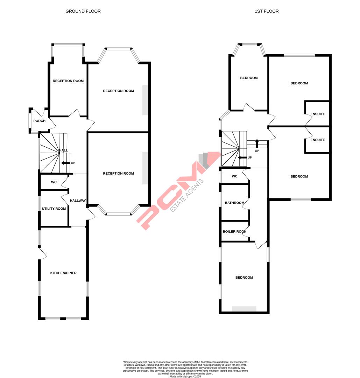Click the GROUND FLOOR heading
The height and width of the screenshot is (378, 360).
pyautogui.click(x=83, y=11)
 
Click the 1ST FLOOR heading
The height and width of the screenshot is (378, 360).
pyautogui.click(x=267, y=11)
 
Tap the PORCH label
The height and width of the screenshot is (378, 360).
pyautogui.click(x=39, y=121)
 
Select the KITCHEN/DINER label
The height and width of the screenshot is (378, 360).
pyautogui.click(x=63, y=273)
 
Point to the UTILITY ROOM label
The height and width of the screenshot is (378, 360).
pyautogui.click(x=54, y=209)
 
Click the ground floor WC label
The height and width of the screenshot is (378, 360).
pyautogui.click(x=54, y=182)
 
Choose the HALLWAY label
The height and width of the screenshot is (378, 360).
pyautogui.click(x=78, y=201)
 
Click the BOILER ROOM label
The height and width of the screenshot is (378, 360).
pyautogui.click(x=234, y=231)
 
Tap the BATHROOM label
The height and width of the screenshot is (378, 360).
pyautogui.click(x=234, y=203)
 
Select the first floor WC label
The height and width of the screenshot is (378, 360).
pyautogui.click(x=234, y=176)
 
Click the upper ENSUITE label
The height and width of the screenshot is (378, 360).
pyautogui.click(x=318, y=114)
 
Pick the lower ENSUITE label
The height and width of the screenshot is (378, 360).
pyautogui.click(x=318, y=140)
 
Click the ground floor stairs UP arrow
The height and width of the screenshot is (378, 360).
pyautogui.click(x=65, y=163)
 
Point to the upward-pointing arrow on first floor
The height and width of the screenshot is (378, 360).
pyautogui.click(x=257, y=143)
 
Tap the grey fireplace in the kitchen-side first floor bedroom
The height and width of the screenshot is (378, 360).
pyautogui.click(x=244, y=309)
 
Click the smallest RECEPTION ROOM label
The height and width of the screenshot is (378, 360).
pyautogui.click(x=68, y=81)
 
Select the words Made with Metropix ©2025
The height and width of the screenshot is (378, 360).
pyautogui.click(x=185, y=376)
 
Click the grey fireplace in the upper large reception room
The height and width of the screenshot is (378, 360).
pyautogui.click(x=145, y=100)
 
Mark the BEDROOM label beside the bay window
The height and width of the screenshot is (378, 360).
pyautogui.click(x=249, y=78)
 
